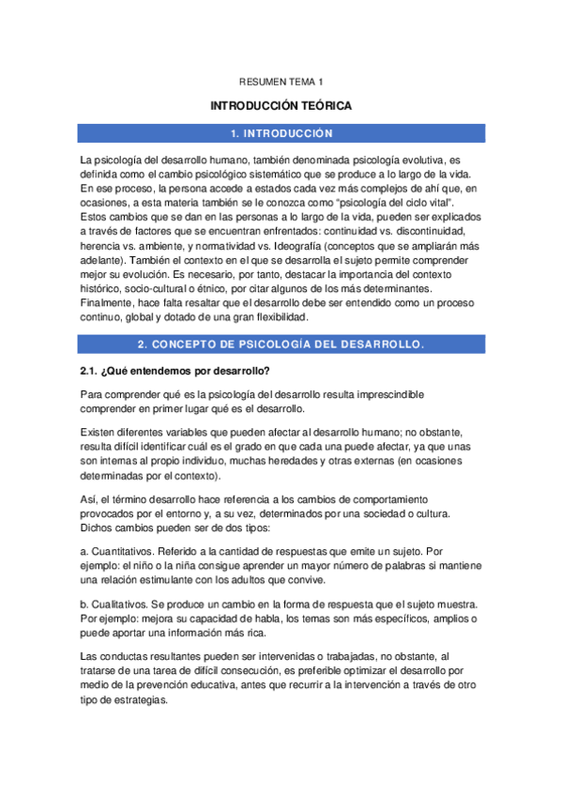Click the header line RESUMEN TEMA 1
coord(281,83)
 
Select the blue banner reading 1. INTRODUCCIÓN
coord(281,133)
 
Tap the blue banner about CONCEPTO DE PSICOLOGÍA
coord(281,344)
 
